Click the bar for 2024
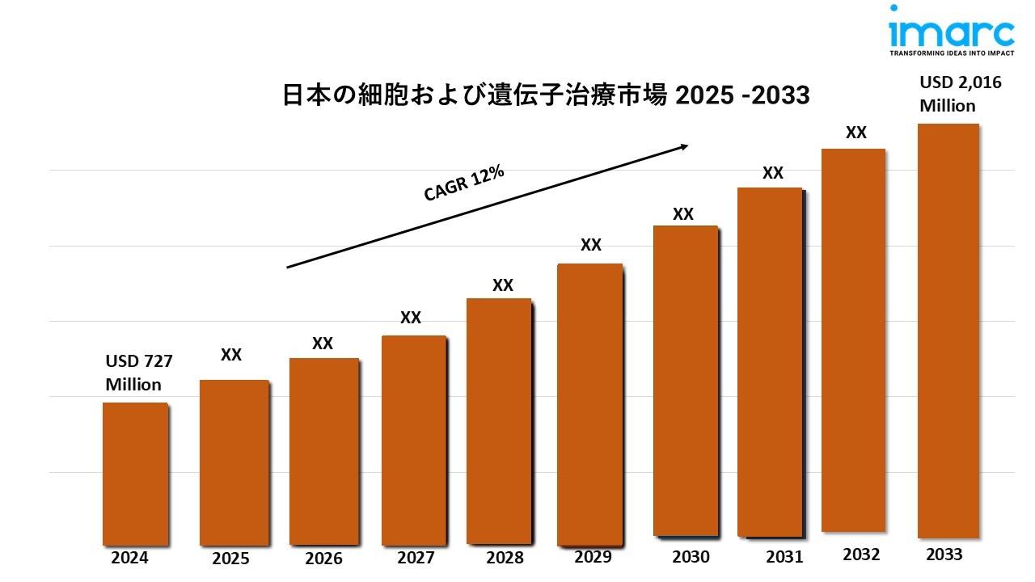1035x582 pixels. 135,474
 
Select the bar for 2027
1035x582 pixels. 413,441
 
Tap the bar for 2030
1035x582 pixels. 685,380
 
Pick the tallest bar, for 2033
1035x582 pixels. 948,331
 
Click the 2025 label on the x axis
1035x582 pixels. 230,558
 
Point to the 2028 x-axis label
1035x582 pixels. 505,558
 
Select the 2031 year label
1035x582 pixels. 784,557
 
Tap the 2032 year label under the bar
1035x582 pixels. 862,555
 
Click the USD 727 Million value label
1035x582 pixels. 139,373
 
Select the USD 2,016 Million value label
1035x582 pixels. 954,94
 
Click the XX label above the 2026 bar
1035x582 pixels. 323,344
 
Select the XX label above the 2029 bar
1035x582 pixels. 591,245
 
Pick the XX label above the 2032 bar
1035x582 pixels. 855,133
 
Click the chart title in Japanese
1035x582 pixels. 546,95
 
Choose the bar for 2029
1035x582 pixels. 590,404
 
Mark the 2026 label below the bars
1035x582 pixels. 323,559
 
